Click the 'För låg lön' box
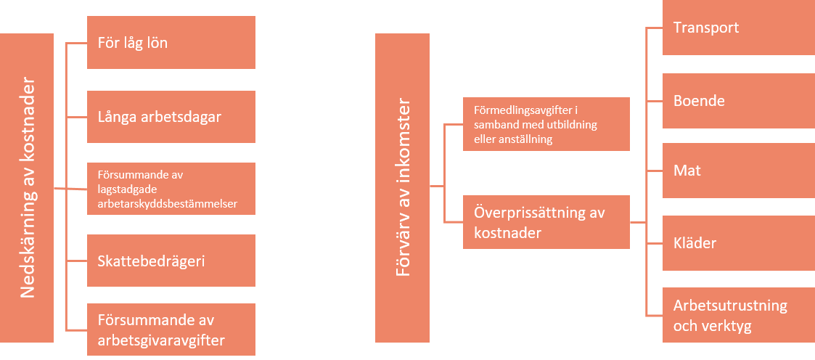(171, 43)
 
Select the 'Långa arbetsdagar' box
(171, 116)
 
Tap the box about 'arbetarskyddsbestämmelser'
(171, 189)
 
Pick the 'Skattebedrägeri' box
(171, 261)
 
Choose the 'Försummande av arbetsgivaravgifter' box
(171, 329)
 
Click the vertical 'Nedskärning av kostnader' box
(27, 188)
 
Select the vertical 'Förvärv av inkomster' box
(402, 188)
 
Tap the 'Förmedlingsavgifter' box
(546, 124)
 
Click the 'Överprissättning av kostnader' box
(546, 222)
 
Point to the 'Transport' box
(738, 28)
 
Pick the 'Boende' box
(738, 100)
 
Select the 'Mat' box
(738, 171)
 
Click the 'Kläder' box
(738, 242)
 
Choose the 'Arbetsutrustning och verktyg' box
(738, 315)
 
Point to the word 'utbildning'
(569, 125)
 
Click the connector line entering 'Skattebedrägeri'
(76, 261)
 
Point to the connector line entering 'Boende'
(654, 100)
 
